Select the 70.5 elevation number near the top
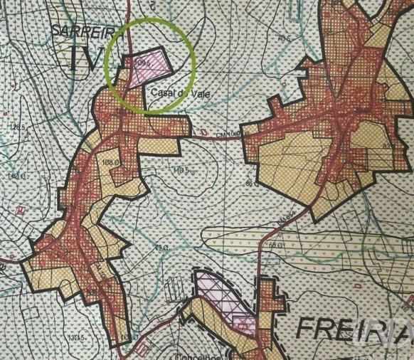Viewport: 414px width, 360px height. point(285,36)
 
